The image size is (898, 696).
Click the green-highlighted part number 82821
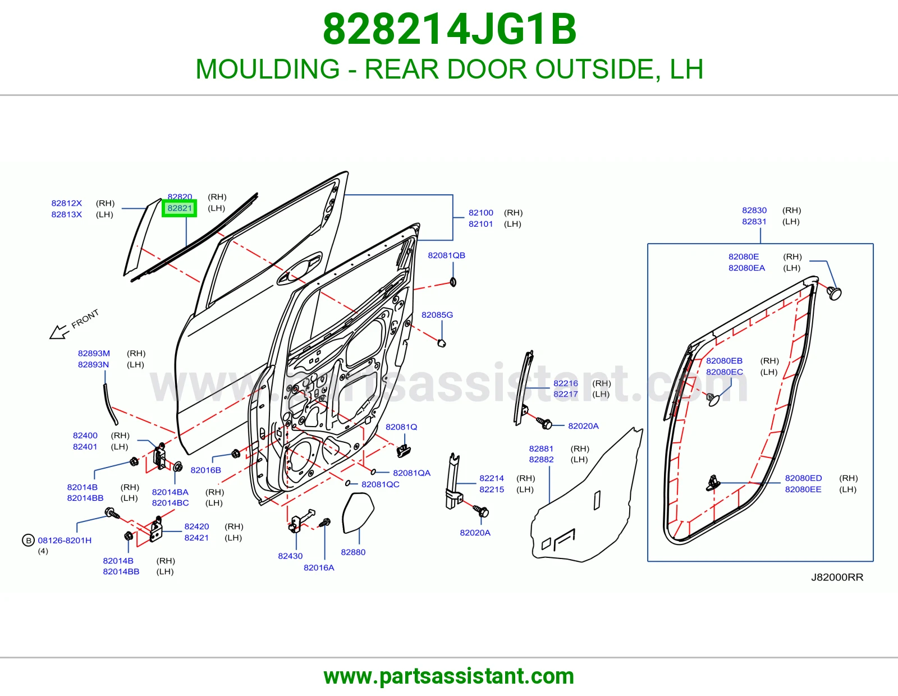point(180,208)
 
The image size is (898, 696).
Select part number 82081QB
point(446,255)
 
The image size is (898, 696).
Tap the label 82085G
point(437,315)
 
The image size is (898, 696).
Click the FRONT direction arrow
point(59,332)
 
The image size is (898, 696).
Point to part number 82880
point(353,552)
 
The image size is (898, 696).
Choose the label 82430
point(290,556)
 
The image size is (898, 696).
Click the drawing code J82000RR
point(837,577)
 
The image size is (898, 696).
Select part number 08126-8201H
point(65,540)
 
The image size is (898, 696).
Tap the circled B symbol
point(28,540)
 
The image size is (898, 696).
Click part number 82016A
point(319,567)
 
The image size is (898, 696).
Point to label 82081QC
point(380,484)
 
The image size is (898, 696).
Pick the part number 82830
point(754,210)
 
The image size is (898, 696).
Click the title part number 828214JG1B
point(449,29)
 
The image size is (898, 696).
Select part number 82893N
point(93,364)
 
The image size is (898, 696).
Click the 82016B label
point(205,470)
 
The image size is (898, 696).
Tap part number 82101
point(480,224)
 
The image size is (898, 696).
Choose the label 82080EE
point(803,489)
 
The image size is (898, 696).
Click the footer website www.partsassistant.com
point(449,676)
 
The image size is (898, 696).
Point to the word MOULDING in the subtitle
point(267,69)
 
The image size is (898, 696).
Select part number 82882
point(541,459)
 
